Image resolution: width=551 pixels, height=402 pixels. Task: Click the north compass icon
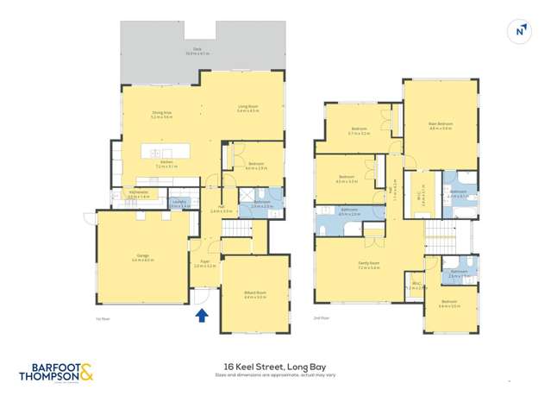(521, 30)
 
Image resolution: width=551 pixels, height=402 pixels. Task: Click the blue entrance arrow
(202, 315)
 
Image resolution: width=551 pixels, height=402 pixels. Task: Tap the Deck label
(197, 52)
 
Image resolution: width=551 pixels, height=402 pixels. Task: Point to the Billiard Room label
(255, 294)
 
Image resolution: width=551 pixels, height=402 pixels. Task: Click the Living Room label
(248, 108)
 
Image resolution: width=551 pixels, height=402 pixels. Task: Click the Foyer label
(205, 262)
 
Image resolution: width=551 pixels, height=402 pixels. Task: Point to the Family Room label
(369, 265)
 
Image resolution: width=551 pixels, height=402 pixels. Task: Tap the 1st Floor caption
(104, 319)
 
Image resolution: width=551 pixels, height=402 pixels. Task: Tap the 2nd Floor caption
(322, 319)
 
